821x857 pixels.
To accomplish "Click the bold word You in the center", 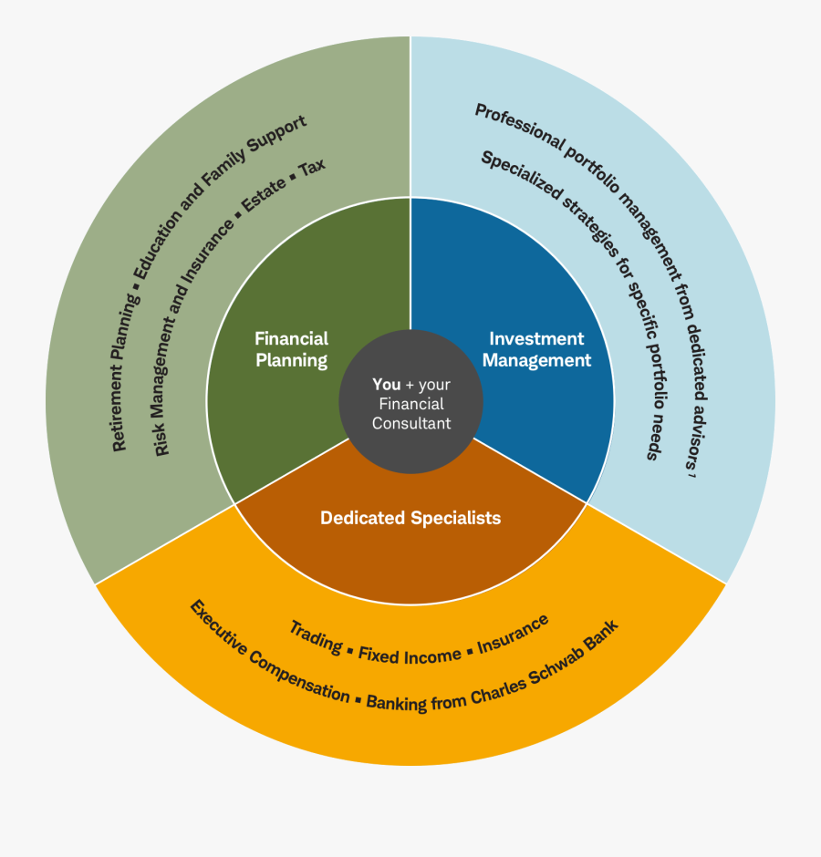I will click(387, 385).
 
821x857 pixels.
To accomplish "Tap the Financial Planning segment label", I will click(291, 349).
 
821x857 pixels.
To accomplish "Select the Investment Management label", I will click(536, 349).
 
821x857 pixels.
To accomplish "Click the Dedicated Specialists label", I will click(410, 518).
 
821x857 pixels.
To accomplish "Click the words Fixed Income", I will click(410, 655).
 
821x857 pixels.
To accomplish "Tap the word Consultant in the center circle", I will click(411, 423).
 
